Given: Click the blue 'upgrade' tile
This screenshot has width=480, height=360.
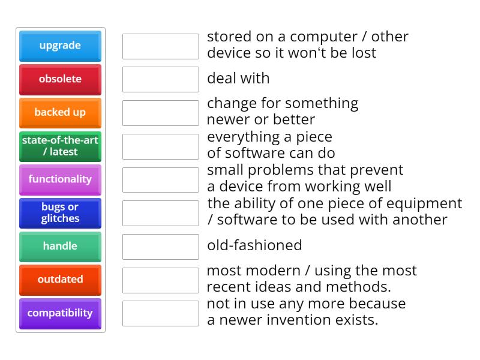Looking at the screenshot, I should coord(60,46).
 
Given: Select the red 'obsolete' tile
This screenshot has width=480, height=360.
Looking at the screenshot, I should coord(60,79).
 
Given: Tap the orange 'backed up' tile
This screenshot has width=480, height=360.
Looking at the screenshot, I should coord(60,112).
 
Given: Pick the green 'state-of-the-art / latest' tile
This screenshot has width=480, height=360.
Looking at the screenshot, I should coord(60,146).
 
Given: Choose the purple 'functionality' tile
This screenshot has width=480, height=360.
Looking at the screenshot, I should coord(60,179).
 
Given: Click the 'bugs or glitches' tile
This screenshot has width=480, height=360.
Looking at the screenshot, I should coord(60,212).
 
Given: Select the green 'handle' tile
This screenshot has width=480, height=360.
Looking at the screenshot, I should coord(60,246).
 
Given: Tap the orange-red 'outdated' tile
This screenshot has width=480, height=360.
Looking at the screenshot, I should coord(60,280).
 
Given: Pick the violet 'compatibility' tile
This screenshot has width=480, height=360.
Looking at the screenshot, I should coord(60,313).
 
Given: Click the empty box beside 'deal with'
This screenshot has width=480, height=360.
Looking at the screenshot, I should coord(160,79).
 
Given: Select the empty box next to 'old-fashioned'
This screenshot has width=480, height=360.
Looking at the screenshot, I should coord(160,247).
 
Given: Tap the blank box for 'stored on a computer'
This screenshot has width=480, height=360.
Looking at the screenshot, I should coord(160,46).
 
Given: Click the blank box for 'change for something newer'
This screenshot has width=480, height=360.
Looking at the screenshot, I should coord(160,113).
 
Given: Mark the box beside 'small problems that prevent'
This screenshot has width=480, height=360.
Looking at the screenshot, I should coord(160,179).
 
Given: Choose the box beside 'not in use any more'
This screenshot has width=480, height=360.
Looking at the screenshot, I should coord(160,313).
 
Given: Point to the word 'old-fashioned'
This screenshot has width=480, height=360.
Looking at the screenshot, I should coord(254,245).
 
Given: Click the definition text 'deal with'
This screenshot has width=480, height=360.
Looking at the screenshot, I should coord(238,78).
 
